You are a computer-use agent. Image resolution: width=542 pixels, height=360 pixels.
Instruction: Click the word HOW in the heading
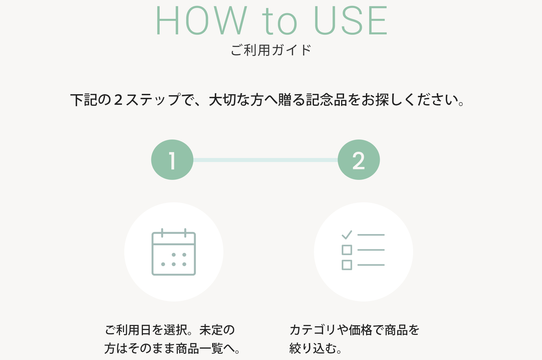click(201, 20)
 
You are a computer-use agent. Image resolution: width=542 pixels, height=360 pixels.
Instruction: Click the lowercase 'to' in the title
click(280, 22)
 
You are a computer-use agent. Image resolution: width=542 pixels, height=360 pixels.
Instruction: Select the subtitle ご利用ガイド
click(271, 50)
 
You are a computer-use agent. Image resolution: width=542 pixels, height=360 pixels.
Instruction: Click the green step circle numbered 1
click(172, 160)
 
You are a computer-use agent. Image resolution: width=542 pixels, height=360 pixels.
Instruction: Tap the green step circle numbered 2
click(359, 160)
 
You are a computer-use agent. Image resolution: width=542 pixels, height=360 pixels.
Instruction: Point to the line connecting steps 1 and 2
click(265, 160)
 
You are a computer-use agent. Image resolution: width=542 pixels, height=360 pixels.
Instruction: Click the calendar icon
click(174, 252)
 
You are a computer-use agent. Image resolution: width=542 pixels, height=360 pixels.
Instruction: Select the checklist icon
click(363, 250)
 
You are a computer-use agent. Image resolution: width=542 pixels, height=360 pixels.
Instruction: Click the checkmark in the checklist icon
click(347, 235)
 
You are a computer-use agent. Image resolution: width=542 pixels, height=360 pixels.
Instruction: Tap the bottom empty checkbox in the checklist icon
click(347, 265)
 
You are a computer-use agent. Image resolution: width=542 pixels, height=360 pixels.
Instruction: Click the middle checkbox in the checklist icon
click(347, 250)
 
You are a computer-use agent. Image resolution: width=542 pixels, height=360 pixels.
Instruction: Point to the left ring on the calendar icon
click(162, 233)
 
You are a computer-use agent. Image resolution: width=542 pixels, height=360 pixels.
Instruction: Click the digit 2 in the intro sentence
click(118, 100)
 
